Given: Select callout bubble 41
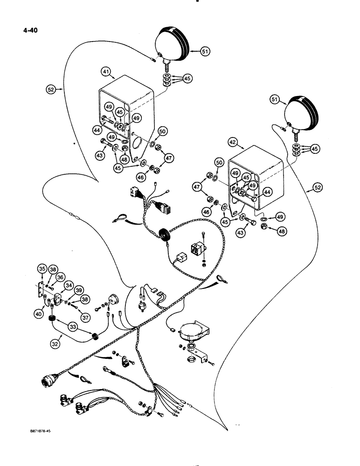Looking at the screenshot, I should click(107, 72).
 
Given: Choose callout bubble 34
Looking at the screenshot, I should click(69, 285).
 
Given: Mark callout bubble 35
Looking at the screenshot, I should click(42, 269).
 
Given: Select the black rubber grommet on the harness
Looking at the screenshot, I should click(164, 233).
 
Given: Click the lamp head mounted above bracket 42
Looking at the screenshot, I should click(304, 111).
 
